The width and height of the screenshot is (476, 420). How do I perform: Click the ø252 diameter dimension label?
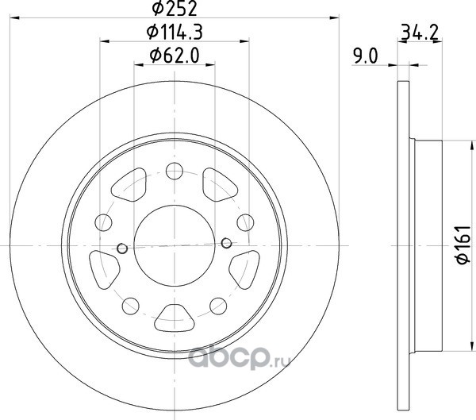[175, 8]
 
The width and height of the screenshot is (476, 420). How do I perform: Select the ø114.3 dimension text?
[175, 32]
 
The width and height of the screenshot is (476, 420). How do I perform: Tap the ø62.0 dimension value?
[175, 56]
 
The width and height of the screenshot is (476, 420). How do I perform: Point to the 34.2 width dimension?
[420, 33]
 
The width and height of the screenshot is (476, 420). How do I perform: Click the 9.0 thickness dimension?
[365, 56]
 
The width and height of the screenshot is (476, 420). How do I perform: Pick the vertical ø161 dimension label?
[463, 245]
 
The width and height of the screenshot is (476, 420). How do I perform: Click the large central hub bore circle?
[175, 245]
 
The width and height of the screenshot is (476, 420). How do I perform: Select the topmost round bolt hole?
[175, 171]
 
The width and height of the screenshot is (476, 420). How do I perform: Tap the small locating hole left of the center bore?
[122, 249]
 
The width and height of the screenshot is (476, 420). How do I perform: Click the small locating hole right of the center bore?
[226, 243]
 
